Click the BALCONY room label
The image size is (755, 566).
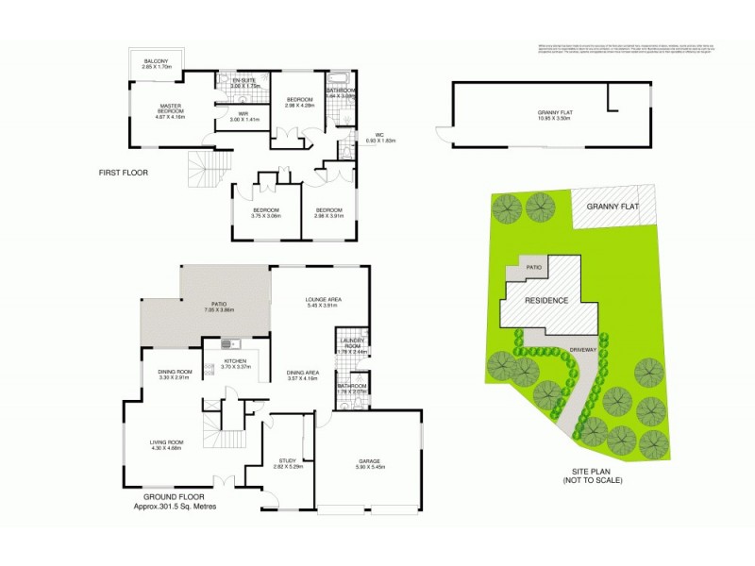pyautogui.click(x=156, y=62)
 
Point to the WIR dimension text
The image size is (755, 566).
pyautogui.click(x=243, y=121)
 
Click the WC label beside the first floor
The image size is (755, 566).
pyautogui.click(x=380, y=135)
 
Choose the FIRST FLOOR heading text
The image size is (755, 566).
pyautogui.click(x=124, y=173)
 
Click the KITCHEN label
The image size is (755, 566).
pyautogui.click(x=234, y=362)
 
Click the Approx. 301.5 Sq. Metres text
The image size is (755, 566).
pyautogui.click(x=176, y=508)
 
